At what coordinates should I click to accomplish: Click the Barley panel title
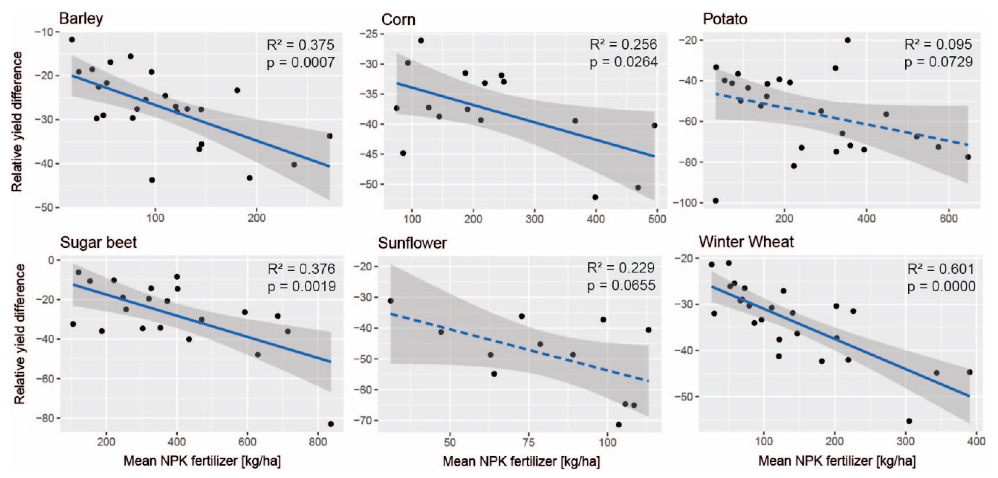[x=81, y=18]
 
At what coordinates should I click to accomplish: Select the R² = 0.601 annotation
[x=940, y=269]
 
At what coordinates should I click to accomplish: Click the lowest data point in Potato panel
[x=716, y=201]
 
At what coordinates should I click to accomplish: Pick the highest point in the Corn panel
[x=421, y=40]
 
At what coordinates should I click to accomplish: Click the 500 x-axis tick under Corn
[x=657, y=219]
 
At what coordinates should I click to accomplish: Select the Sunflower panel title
[x=412, y=243]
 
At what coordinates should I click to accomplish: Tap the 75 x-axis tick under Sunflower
[x=528, y=442]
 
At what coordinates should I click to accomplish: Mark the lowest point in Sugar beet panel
[x=331, y=424]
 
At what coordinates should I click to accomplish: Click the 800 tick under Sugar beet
[x=318, y=442]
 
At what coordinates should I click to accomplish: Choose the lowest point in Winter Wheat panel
[x=909, y=421]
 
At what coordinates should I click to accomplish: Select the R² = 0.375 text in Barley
[x=300, y=45]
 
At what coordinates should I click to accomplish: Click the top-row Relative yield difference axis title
[x=17, y=122]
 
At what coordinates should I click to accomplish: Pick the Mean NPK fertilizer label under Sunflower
[x=521, y=461]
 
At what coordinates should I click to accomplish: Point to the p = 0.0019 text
[x=301, y=286]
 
